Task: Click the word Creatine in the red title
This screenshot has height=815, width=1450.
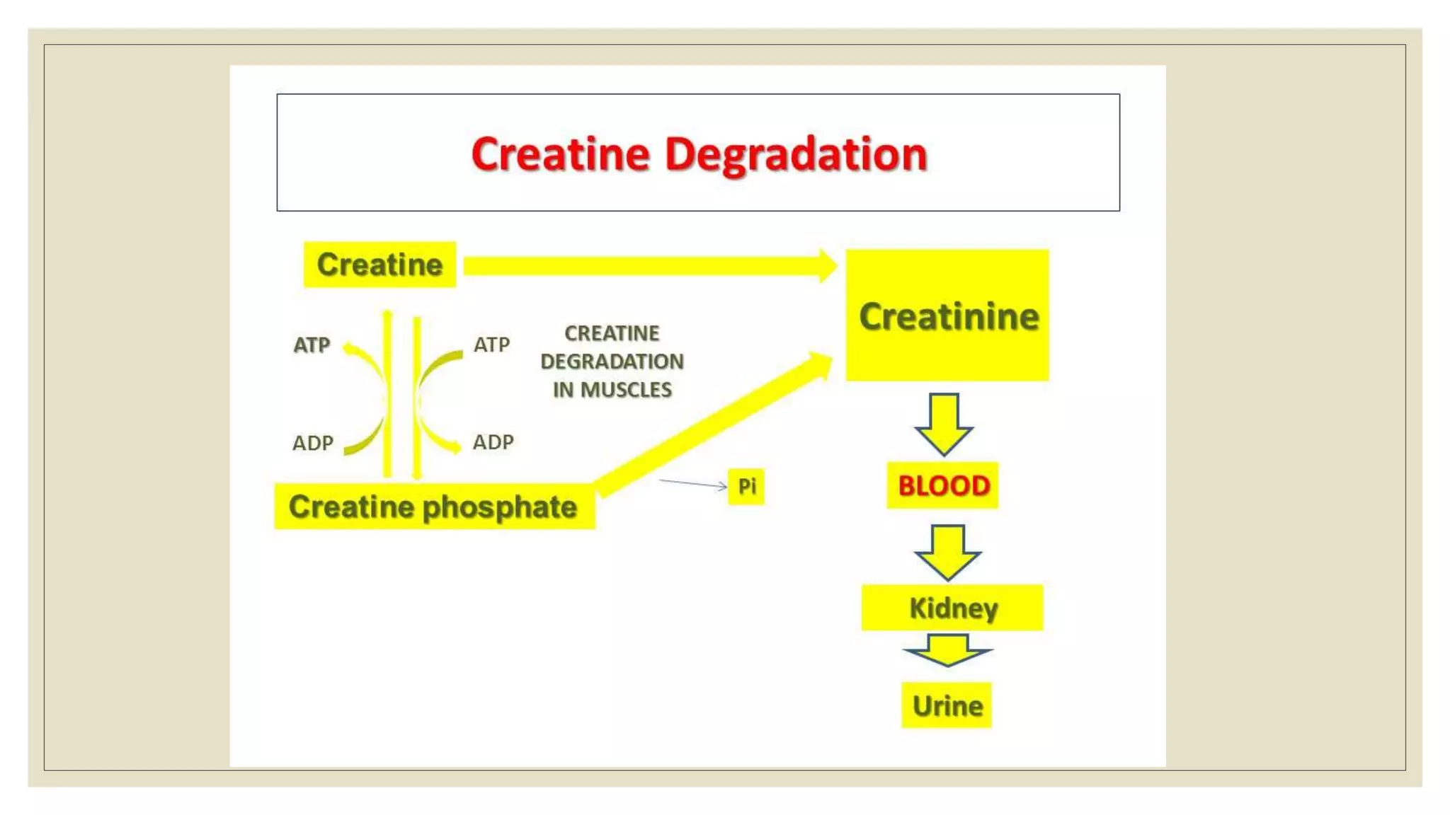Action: tap(560, 154)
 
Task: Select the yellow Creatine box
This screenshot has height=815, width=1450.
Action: tap(379, 265)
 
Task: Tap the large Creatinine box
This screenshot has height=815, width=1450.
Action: tap(947, 316)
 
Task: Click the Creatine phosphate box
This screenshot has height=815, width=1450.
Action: tap(434, 507)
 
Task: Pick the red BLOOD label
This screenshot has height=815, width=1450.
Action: tap(943, 486)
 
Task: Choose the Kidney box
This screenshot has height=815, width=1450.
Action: tap(952, 608)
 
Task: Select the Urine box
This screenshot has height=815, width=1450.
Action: tap(947, 705)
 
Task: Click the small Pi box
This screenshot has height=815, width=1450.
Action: tap(746, 486)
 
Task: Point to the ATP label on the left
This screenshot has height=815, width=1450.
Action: tap(312, 345)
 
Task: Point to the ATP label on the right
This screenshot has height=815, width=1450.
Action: tap(491, 345)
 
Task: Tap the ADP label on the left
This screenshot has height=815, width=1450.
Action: tap(312, 443)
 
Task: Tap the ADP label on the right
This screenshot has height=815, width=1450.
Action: tap(493, 442)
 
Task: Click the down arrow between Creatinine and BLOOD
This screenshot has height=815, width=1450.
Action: tap(944, 423)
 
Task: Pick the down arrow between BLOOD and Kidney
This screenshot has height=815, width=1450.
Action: tap(947, 551)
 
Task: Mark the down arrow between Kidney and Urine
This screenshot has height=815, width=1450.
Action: tap(947, 649)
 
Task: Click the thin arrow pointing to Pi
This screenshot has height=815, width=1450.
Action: tap(692, 484)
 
